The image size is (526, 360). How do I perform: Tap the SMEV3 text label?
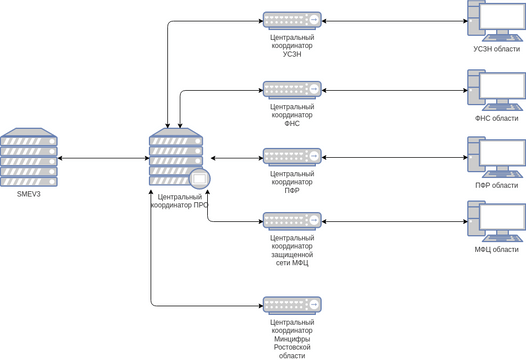[28, 194]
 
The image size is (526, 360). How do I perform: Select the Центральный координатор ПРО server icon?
[179, 158]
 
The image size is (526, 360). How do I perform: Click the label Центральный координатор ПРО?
[179, 203]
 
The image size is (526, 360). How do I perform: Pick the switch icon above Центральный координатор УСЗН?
[292, 20]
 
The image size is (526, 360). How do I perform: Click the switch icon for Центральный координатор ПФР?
[292, 157]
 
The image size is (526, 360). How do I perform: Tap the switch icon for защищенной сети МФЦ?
[292, 220]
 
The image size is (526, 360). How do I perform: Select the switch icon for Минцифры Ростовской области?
[292, 304]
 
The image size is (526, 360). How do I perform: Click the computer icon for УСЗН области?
[496, 21]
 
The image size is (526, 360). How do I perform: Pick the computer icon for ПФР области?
[496, 157]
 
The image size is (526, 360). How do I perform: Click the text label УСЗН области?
[497, 49]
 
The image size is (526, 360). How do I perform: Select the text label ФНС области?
[497, 118]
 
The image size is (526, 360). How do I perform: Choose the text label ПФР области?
[497, 185]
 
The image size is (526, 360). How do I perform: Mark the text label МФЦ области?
[497, 248]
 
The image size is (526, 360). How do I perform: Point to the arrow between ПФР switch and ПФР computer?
[395, 158]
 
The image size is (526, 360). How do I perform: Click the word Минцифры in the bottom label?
[292, 340]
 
